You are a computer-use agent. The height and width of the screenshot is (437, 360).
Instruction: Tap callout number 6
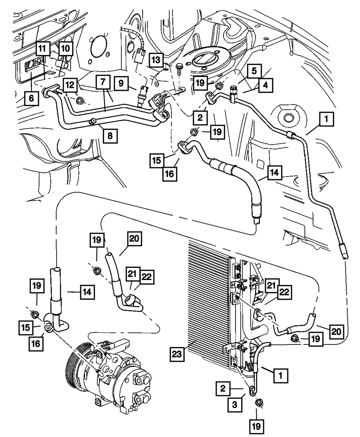(32, 98)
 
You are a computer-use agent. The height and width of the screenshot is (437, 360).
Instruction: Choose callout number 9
(122, 83)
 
